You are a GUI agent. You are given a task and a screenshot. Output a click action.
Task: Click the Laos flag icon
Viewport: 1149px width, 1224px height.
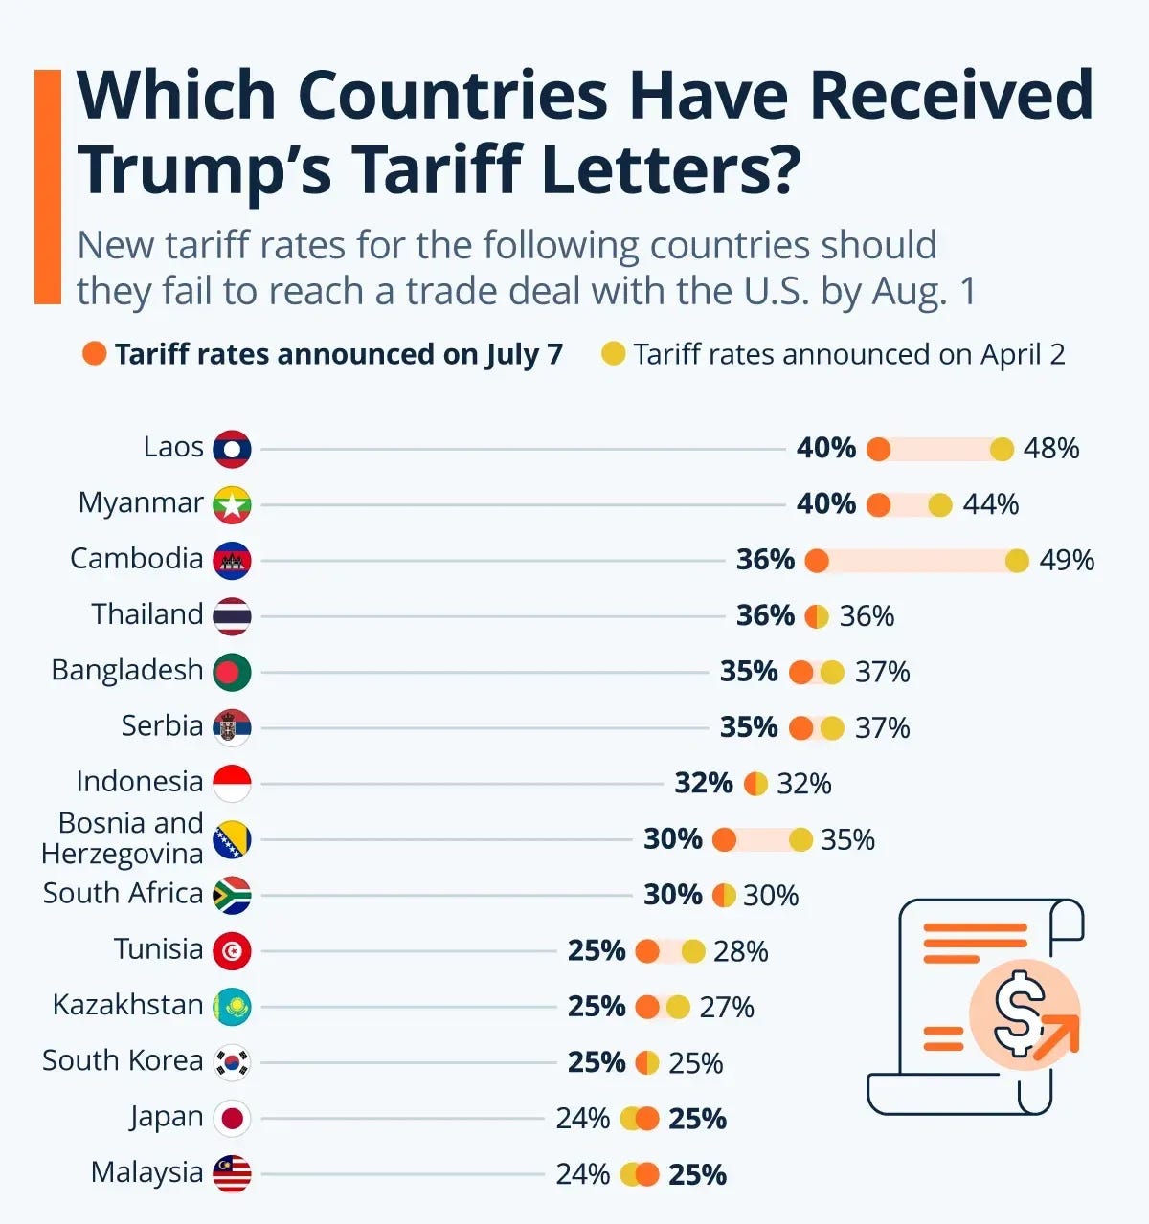pyautogui.click(x=232, y=449)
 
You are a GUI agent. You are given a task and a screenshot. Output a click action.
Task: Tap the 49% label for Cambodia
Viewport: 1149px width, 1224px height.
pyautogui.click(x=1066, y=560)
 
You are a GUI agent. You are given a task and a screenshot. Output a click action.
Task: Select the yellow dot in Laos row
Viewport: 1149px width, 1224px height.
pyautogui.click(x=1002, y=449)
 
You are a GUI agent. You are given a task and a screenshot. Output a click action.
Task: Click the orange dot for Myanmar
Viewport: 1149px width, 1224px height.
pyautogui.click(x=878, y=504)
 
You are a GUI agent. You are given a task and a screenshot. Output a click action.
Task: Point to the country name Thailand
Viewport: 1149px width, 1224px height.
pyautogui.click(x=146, y=614)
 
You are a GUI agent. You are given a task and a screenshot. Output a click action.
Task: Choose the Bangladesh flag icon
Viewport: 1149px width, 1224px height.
pyautogui.click(x=232, y=672)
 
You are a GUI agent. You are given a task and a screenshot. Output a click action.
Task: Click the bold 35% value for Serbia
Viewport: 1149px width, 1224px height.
pyautogui.click(x=748, y=727)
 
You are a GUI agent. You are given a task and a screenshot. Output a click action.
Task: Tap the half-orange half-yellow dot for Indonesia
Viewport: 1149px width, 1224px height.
pyautogui.click(x=756, y=784)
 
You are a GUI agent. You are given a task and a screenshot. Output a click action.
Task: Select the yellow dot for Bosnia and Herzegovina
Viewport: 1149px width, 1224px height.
pyautogui.click(x=800, y=839)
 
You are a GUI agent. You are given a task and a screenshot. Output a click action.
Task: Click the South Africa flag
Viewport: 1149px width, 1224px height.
pyautogui.click(x=232, y=895)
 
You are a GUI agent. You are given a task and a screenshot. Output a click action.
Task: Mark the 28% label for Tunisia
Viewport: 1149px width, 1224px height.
pyautogui.click(x=740, y=951)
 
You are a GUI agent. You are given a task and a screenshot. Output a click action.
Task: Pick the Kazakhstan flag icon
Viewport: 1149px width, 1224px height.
pyautogui.click(x=232, y=1007)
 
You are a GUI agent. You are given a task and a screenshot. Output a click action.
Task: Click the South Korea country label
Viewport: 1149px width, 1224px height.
pyautogui.click(x=123, y=1060)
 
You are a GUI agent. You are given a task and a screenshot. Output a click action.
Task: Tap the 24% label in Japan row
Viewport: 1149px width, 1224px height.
pyautogui.click(x=582, y=1118)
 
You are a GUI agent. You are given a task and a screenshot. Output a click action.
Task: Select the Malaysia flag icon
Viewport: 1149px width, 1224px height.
pyautogui.click(x=232, y=1174)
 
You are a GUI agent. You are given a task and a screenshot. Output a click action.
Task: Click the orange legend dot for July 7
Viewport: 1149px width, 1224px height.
pyautogui.click(x=94, y=354)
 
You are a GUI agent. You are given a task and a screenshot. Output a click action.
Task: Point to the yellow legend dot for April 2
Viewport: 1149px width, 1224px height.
pyautogui.click(x=613, y=354)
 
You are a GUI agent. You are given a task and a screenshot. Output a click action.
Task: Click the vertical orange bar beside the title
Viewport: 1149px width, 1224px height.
pyautogui.click(x=47, y=187)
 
